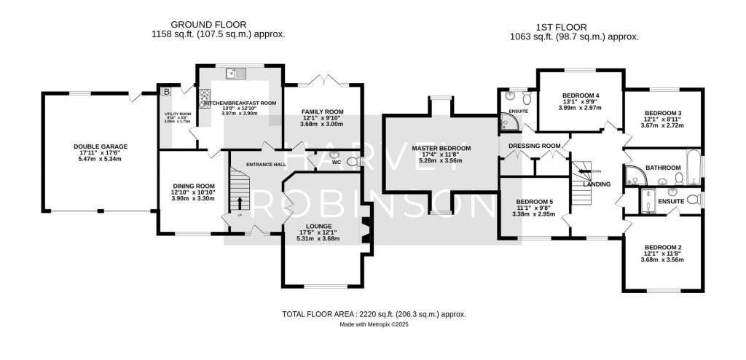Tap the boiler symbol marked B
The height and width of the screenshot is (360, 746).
pyautogui.click(x=166, y=92)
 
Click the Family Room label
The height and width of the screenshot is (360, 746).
pyautogui.click(x=322, y=111)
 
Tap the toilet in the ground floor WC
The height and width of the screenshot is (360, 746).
pyautogui.click(x=353, y=162)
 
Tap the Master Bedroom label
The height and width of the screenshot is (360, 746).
pyautogui.click(x=441, y=149)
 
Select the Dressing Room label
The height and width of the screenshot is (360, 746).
pyautogui.click(x=535, y=146)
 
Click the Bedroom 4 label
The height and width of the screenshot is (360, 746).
pyautogui.click(x=580, y=95)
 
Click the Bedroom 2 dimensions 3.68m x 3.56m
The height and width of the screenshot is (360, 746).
pyautogui.click(x=661, y=259)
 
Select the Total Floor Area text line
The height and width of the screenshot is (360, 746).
pyautogui.click(x=373, y=314)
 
